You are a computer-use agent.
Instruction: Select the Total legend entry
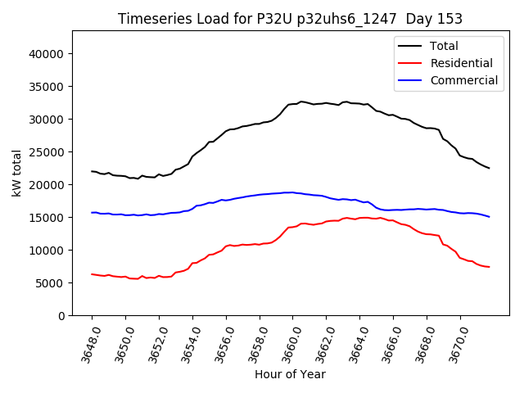pyautogui.click(x=445, y=46)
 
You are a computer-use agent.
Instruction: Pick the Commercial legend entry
pyautogui.click(x=463, y=80)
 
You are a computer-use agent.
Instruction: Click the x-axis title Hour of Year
pyautogui.click(x=290, y=375)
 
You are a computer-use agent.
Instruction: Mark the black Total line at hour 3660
pyautogui.click(x=293, y=104)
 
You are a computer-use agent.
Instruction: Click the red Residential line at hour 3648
pyautogui.click(x=92, y=273)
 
